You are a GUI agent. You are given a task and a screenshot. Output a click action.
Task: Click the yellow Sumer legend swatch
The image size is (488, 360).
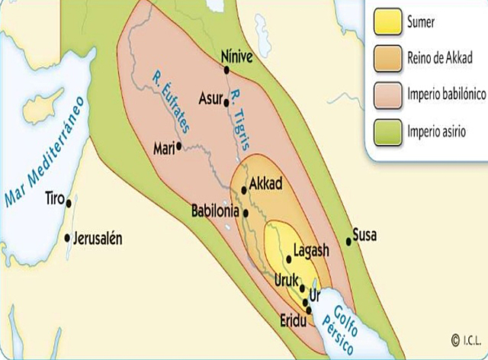point(386,22)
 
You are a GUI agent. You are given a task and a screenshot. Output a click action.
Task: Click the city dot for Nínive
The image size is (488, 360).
point(227,70)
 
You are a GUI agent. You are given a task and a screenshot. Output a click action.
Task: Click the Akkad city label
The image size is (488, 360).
point(267,185)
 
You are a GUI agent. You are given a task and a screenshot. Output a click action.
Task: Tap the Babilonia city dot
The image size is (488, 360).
point(246,213)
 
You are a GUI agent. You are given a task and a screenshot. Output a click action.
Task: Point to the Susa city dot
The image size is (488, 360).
point(348,242)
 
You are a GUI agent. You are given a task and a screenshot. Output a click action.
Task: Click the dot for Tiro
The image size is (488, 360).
point(69,202)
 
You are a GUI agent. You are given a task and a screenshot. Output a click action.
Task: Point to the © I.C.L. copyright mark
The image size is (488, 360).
point(465,340)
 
